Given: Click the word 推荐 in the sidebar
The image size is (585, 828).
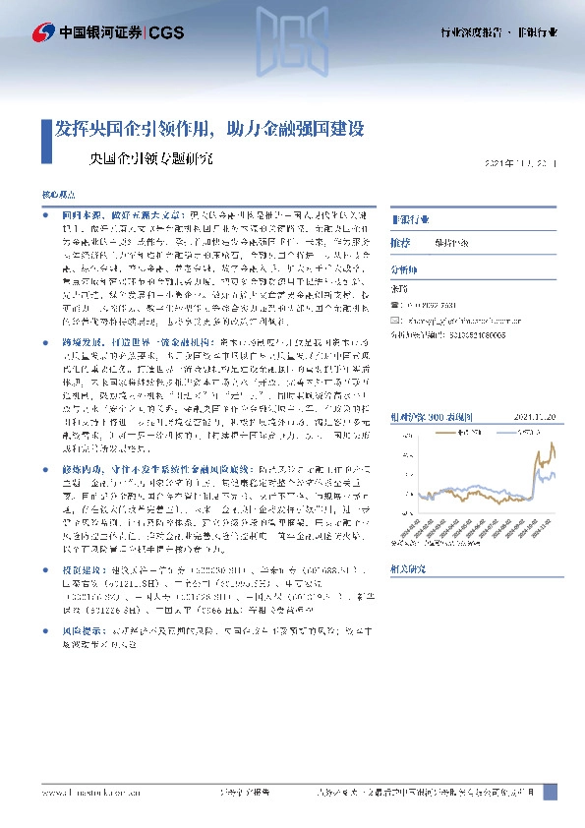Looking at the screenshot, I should pyautogui.click(x=400, y=241).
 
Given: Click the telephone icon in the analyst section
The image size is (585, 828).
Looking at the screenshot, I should pyautogui.click(x=395, y=304).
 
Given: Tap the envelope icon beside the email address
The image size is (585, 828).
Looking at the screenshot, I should pyautogui.click(x=395, y=319).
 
